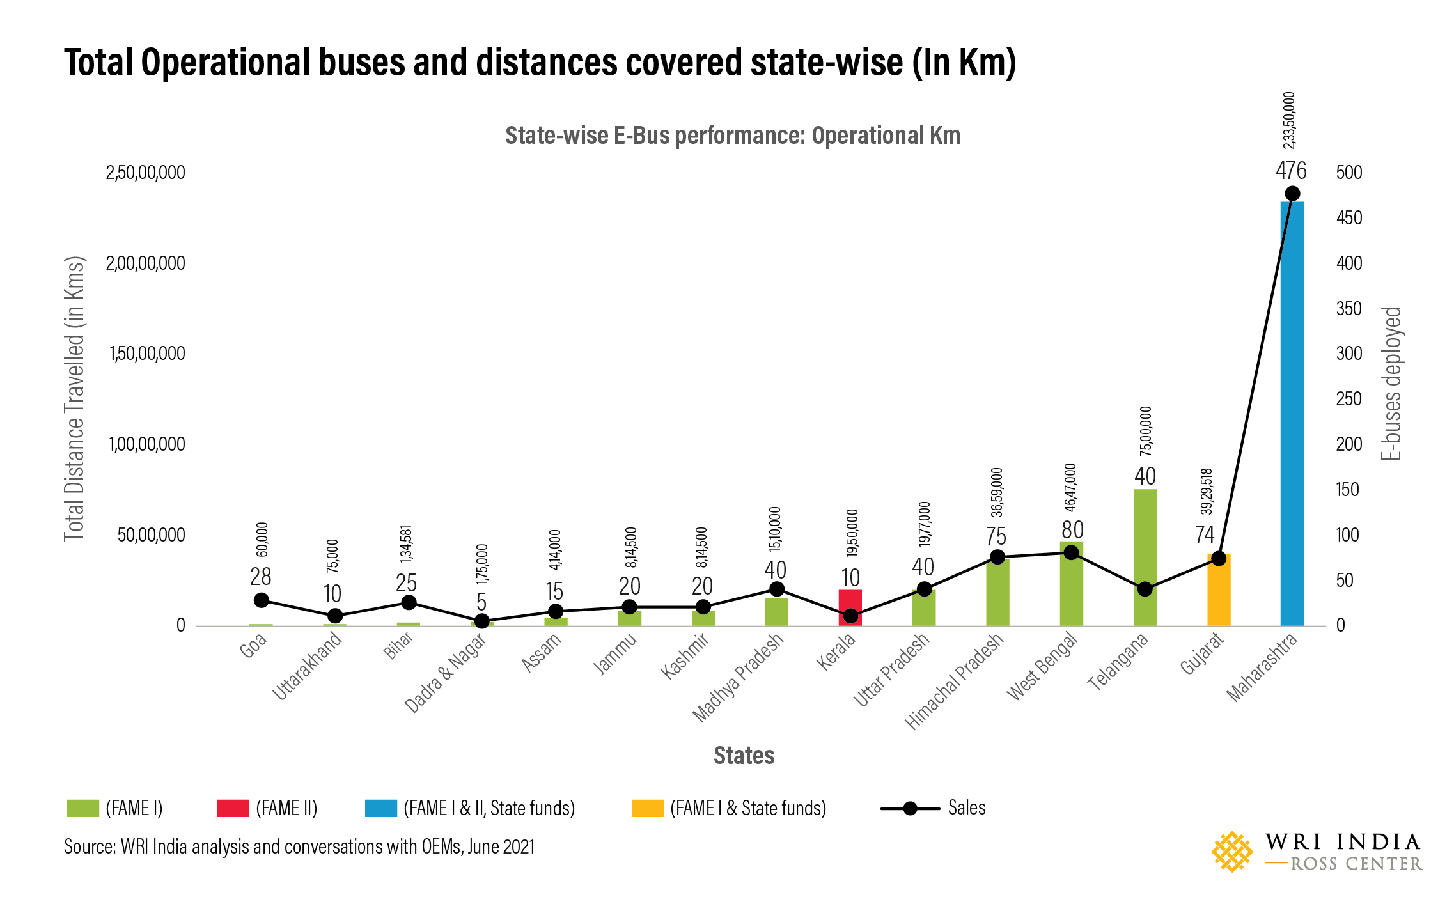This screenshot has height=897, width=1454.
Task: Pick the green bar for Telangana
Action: tap(1145, 557)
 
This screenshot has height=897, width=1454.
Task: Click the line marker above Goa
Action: tap(261, 600)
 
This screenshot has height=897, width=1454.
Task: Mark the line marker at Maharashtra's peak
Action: tap(1292, 194)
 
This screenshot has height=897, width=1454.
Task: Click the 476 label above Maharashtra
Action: tap(1291, 171)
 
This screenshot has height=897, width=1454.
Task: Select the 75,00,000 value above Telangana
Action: tap(1146, 431)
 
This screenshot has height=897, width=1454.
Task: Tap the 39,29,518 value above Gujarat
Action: tap(1207, 491)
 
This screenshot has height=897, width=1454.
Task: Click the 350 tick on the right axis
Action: tap(1349, 309)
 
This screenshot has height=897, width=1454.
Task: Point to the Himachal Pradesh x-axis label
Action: tap(955, 682)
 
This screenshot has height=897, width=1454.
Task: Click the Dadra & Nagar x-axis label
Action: tap(446, 673)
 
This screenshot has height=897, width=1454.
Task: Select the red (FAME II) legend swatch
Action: tap(233, 808)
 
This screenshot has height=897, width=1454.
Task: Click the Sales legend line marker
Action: tap(910, 809)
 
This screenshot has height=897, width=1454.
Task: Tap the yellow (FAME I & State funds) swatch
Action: tap(647, 808)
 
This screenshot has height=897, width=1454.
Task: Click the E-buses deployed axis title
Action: tap(1391, 384)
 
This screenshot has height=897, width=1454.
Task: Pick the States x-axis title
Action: tap(744, 756)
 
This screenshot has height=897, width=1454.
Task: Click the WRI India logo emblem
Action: tap(1231, 852)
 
